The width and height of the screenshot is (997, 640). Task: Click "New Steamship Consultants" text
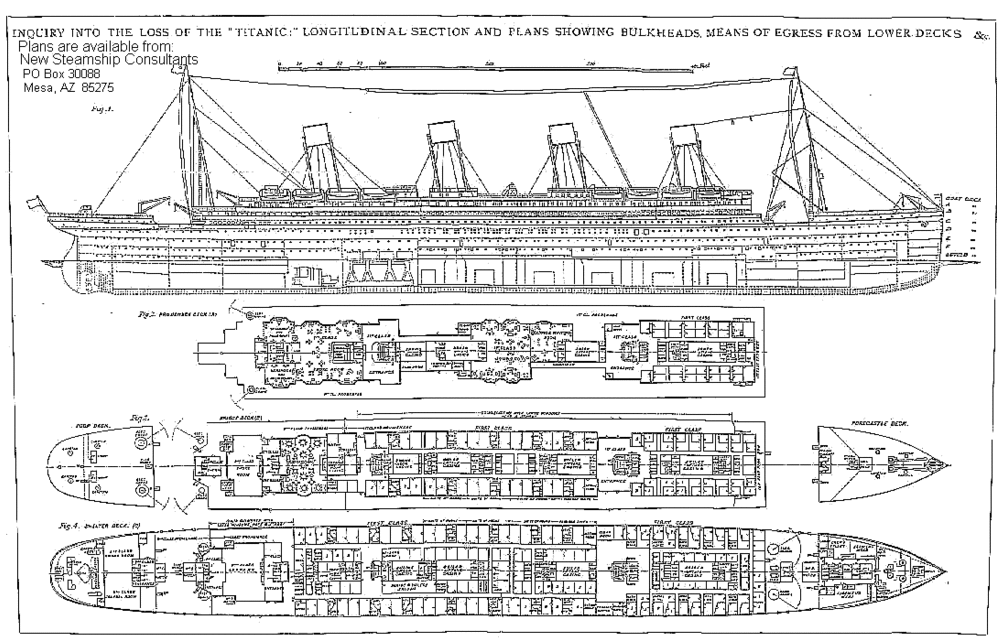(109, 60)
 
